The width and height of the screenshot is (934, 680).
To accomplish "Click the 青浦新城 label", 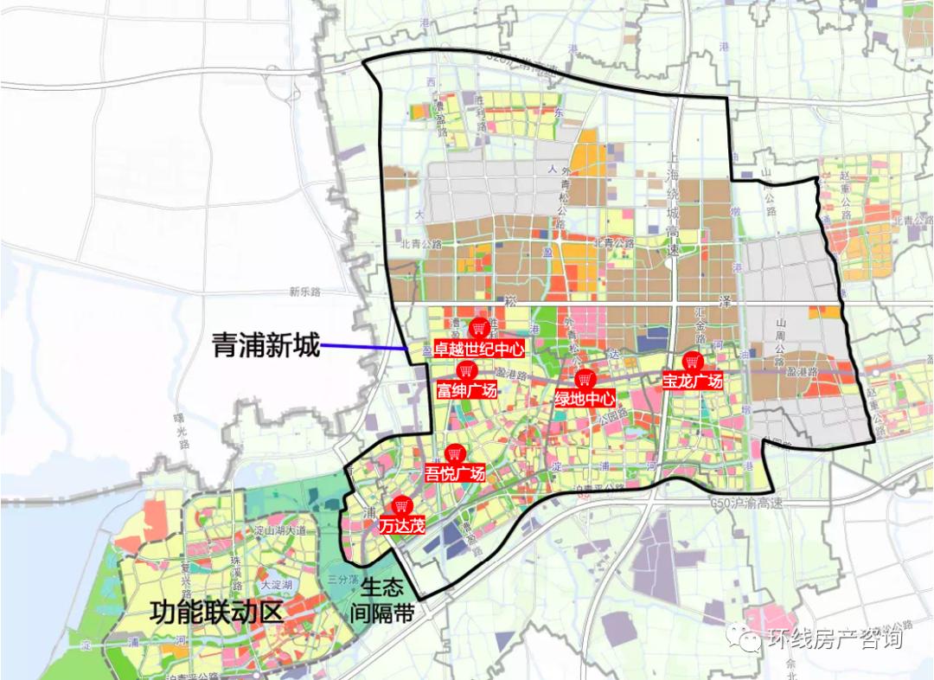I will click(265, 347).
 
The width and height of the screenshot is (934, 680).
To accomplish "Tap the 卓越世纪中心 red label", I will click(479, 350).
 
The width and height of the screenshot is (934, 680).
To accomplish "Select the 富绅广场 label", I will click(467, 390).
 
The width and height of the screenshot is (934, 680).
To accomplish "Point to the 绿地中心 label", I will click(585, 399).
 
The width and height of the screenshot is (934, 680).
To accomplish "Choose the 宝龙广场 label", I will click(692, 381).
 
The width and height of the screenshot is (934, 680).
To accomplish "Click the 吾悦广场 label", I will click(455, 473).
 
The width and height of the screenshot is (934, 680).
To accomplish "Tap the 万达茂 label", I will click(401, 525).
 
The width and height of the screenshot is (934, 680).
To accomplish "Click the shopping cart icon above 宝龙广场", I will click(692, 362).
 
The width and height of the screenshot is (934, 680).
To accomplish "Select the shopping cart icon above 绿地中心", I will click(585, 379).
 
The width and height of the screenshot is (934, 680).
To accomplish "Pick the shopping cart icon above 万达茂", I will click(401, 506).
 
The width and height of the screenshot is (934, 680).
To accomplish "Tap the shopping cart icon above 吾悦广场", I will click(454, 453).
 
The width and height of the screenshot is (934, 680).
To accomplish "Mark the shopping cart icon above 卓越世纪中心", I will click(478, 329).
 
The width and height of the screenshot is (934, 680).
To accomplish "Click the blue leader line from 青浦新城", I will click(364, 348).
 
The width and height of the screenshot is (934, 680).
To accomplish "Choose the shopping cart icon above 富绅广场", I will click(466, 371).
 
